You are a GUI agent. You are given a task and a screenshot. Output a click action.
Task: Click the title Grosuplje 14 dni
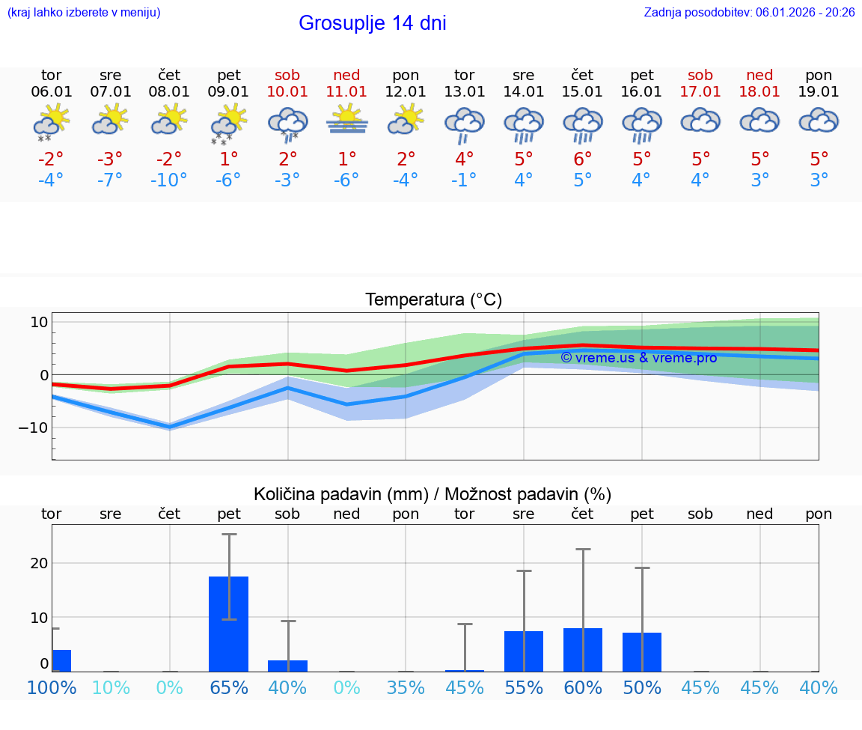[x=372, y=23]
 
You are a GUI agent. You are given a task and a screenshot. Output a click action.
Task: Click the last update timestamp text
[x=749, y=12]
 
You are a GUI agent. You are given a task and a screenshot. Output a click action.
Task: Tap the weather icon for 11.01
[x=346, y=121]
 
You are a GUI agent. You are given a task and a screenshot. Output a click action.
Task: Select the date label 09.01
[x=228, y=92]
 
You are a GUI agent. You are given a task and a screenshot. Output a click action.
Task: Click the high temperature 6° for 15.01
[x=582, y=159]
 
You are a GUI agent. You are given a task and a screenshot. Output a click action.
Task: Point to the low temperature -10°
[x=168, y=180]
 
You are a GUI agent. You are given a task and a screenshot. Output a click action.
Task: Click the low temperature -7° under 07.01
[x=110, y=180]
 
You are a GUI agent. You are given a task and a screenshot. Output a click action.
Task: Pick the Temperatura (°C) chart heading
[x=433, y=300]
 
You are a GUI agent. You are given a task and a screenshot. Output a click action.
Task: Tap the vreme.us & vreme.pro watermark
[x=638, y=358]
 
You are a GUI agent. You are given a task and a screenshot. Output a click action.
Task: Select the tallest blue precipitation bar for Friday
[x=228, y=624]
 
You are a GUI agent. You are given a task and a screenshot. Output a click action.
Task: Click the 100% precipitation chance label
[x=52, y=687]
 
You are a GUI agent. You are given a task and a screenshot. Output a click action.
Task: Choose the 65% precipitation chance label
[x=228, y=687]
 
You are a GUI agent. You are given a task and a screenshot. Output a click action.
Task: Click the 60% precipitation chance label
[x=582, y=687]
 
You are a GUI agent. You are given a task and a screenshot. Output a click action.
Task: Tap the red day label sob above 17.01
[x=700, y=76]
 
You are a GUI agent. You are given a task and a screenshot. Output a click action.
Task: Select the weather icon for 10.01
[x=288, y=122]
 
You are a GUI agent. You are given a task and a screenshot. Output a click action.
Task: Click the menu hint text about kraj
[x=84, y=12]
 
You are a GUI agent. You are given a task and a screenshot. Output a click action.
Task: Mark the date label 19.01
[x=819, y=92]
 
